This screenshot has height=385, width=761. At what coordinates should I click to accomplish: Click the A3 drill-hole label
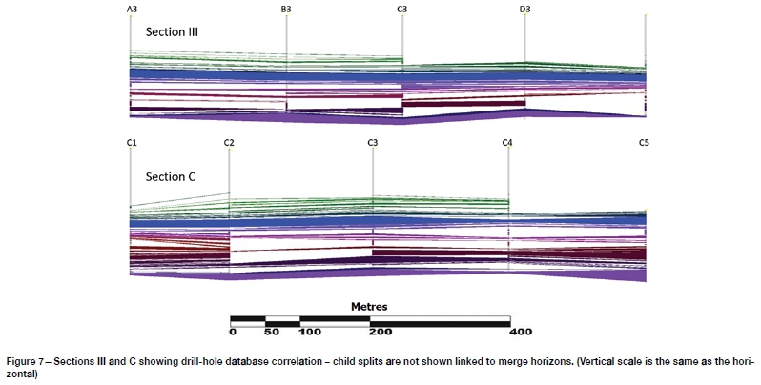click(x=131, y=9)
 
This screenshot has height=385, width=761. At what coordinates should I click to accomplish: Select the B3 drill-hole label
click(x=286, y=9)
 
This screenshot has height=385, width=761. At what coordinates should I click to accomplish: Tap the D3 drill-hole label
click(x=524, y=9)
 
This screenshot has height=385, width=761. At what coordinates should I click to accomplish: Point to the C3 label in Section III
click(x=402, y=9)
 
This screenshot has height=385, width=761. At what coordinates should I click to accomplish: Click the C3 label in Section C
click(x=372, y=142)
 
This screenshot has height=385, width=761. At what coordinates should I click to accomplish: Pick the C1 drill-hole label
click(x=132, y=142)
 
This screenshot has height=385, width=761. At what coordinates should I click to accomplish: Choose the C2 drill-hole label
click(x=229, y=142)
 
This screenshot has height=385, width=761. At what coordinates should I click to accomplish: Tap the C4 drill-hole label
click(x=507, y=142)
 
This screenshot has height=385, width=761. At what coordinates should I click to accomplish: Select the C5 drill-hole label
click(x=645, y=142)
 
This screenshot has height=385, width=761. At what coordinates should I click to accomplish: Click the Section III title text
click(x=172, y=31)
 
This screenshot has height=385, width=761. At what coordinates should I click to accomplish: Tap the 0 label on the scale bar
click(x=233, y=333)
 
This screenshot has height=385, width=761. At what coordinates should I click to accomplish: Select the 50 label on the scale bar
click(x=271, y=333)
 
